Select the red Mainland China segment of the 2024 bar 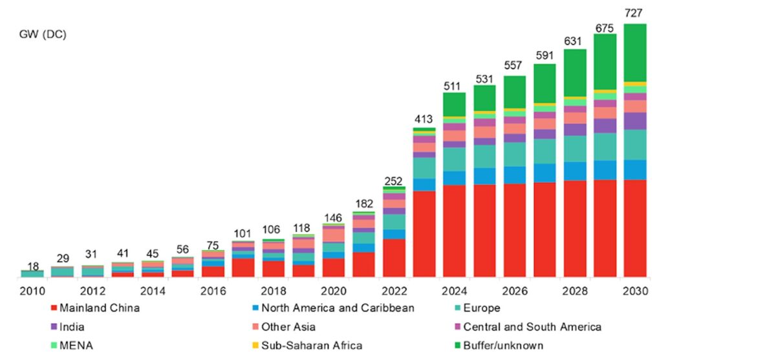[455, 231]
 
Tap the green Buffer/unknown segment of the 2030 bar [635, 52]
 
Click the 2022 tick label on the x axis [394, 291]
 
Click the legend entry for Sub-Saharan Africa [308, 346]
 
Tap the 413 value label [424, 119]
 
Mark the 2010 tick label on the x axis [32, 291]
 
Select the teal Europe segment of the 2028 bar [575, 149]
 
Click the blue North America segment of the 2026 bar [515, 175]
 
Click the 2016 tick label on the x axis [213, 291]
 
